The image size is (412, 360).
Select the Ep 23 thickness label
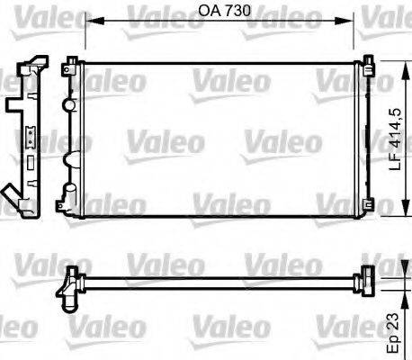pyautogui.click(x=391, y=334)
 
